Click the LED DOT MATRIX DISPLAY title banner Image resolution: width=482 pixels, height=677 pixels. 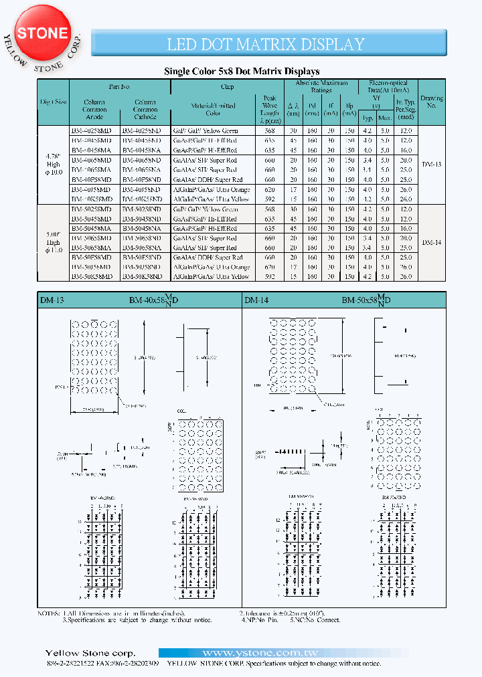266,44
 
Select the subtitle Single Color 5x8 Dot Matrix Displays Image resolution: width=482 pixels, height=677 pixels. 242,71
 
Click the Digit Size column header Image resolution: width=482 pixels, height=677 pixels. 54,102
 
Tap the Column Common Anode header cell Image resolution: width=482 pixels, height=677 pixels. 94,110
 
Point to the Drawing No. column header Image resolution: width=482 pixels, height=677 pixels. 432,102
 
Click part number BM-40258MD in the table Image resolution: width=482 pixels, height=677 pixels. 95,131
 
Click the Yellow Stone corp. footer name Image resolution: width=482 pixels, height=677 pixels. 90,653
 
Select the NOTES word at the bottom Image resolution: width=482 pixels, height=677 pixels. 49,613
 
